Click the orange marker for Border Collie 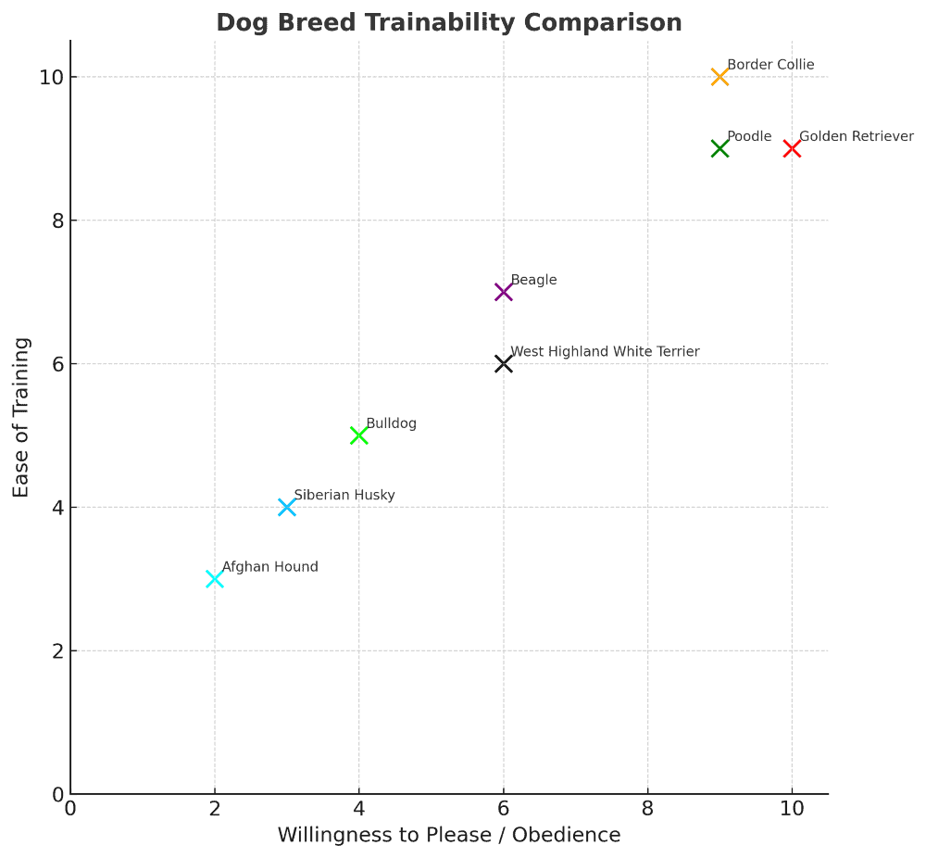[x=720, y=77]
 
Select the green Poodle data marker [x=720, y=148]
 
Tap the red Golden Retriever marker [x=792, y=148]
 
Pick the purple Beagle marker [x=503, y=292]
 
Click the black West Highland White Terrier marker [x=503, y=364]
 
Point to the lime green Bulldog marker [x=359, y=435]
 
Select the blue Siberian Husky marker [x=287, y=507]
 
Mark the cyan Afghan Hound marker [x=215, y=579]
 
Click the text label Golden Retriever [x=856, y=136]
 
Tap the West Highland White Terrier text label [x=605, y=352]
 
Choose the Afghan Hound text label [x=269, y=567]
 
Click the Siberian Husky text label [x=344, y=496]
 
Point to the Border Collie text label [x=770, y=65]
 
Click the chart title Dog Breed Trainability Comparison [x=449, y=23]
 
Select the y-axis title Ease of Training [x=21, y=417]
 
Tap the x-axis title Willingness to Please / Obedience [x=449, y=835]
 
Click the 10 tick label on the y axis [x=51, y=77]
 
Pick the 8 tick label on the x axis [x=647, y=808]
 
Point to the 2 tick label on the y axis [x=56, y=650]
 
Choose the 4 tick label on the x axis [x=359, y=808]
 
